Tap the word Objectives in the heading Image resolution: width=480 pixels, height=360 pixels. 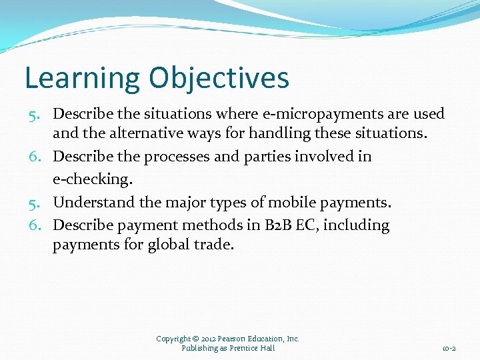point(219,78)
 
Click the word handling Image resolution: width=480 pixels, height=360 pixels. point(276,133)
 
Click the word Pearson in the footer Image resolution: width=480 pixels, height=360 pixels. point(232,339)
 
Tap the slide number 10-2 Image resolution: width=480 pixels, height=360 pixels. point(449,349)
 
